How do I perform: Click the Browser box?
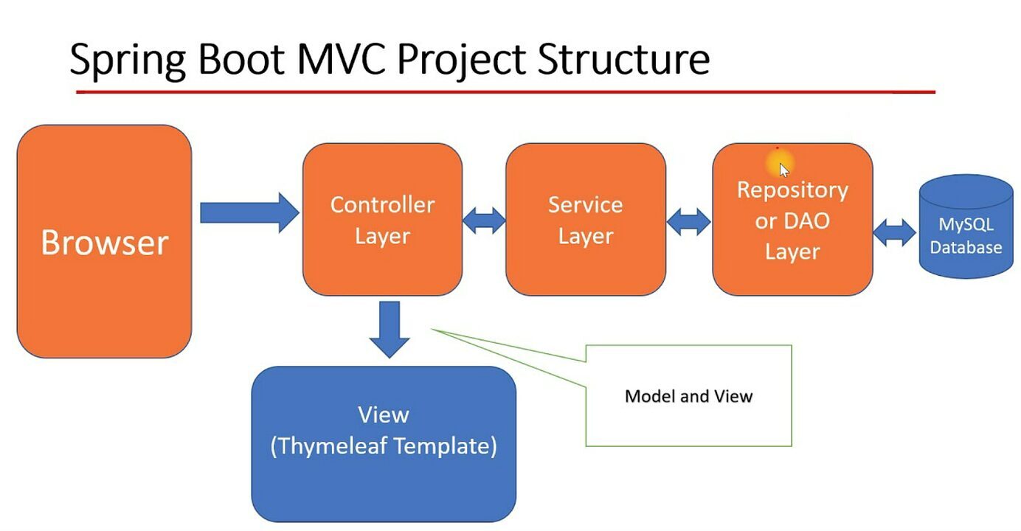[104, 241]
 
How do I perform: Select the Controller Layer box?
[382, 219]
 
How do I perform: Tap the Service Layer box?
[585, 219]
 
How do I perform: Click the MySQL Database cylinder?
[966, 229]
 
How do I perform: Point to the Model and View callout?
[688, 396]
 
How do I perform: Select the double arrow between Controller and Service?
[484, 220]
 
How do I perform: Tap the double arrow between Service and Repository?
[689, 221]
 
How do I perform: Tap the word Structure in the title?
[623, 59]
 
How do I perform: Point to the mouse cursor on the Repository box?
[783, 168]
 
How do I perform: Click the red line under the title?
[505, 92]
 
